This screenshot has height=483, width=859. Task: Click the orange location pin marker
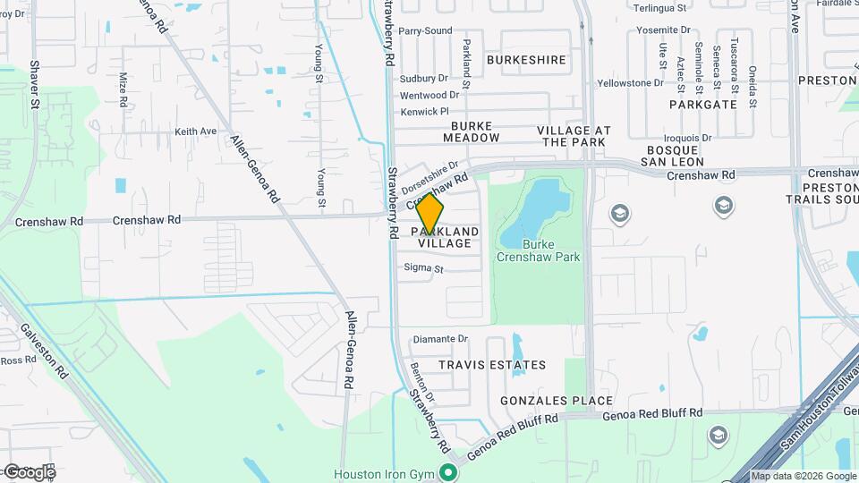[x=430, y=215]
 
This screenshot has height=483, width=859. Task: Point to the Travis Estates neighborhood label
[x=492, y=365]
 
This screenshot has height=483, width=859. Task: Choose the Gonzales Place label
[x=557, y=401]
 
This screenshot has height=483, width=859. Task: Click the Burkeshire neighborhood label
[x=527, y=60]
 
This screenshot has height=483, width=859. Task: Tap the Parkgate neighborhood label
[x=703, y=104]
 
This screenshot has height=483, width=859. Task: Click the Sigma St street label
[x=424, y=267]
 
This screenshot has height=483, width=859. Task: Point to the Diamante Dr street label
[x=439, y=339]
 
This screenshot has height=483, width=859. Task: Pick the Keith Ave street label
[x=196, y=131]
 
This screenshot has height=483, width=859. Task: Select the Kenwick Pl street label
[x=424, y=112]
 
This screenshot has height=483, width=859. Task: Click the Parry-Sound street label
[x=425, y=30]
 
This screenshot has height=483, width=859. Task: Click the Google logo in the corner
[x=30, y=471]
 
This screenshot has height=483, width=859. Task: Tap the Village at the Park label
[x=574, y=136]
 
